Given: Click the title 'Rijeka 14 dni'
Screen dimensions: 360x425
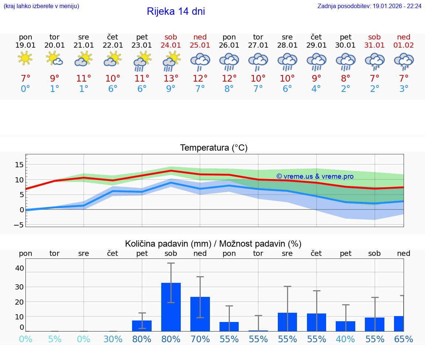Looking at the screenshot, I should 176,11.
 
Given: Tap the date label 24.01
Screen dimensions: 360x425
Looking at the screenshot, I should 171,45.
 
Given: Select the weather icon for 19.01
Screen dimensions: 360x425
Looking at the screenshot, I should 25,59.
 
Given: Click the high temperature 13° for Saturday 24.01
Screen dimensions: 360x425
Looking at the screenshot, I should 171,79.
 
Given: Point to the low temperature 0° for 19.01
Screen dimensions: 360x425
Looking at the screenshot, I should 25,89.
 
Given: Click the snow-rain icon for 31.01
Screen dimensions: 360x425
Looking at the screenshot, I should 374,61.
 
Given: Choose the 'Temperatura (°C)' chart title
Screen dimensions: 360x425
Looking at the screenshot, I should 214,148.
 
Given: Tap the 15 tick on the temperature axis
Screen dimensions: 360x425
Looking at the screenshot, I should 19,164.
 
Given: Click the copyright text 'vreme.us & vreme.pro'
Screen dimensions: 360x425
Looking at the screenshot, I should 315,176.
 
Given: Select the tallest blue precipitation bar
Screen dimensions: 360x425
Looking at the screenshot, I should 171,307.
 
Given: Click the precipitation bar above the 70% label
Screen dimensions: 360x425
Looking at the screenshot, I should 200,314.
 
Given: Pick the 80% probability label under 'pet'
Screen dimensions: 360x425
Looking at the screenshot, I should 142,339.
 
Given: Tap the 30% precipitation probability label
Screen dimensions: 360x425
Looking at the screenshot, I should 113,339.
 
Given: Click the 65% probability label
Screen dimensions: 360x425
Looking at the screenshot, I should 404,339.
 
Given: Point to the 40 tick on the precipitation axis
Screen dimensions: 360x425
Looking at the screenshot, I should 19,268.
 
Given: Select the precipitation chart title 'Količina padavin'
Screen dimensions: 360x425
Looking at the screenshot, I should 213,244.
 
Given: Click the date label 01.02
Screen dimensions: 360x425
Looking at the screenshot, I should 404,45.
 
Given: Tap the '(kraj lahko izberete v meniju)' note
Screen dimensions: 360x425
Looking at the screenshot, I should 41,6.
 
